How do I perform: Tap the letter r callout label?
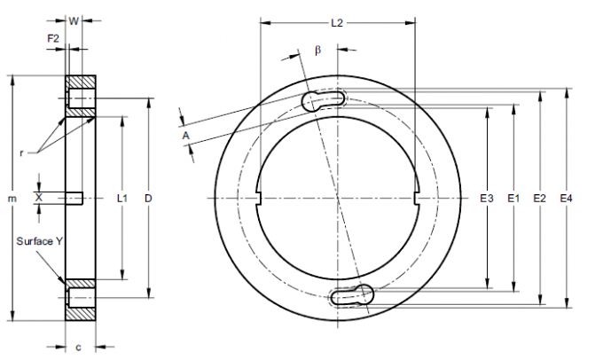point(20,152)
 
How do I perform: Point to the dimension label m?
point(12,199)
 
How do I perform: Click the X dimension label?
point(38,198)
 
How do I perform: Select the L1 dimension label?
point(123,199)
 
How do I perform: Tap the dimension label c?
point(80,345)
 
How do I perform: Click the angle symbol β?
point(317,51)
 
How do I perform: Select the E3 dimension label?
point(485,199)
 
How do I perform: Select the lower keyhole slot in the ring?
point(353,296)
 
